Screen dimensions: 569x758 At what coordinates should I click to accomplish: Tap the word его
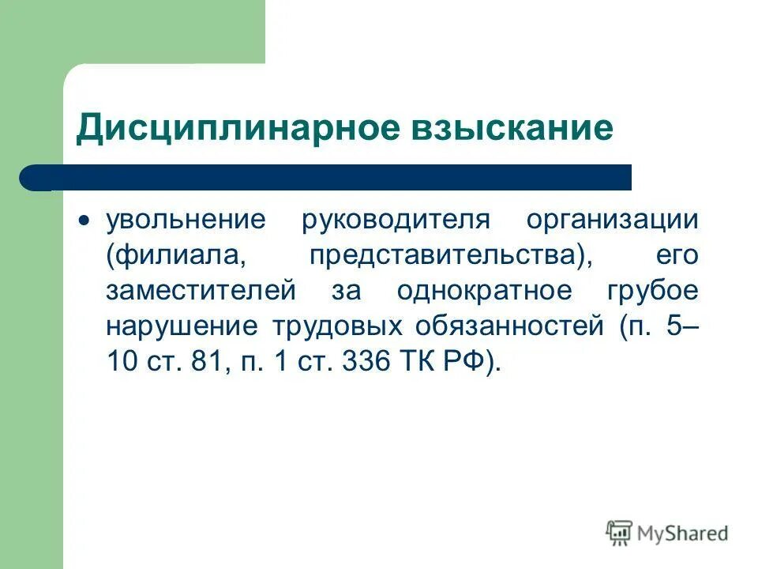pyautogui.click(x=677, y=255)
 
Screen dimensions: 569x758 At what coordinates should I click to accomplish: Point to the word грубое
pyautogui.click(x=652, y=290)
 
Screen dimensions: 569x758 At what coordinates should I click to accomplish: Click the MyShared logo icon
pyautogui.click(x=620, y=533)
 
